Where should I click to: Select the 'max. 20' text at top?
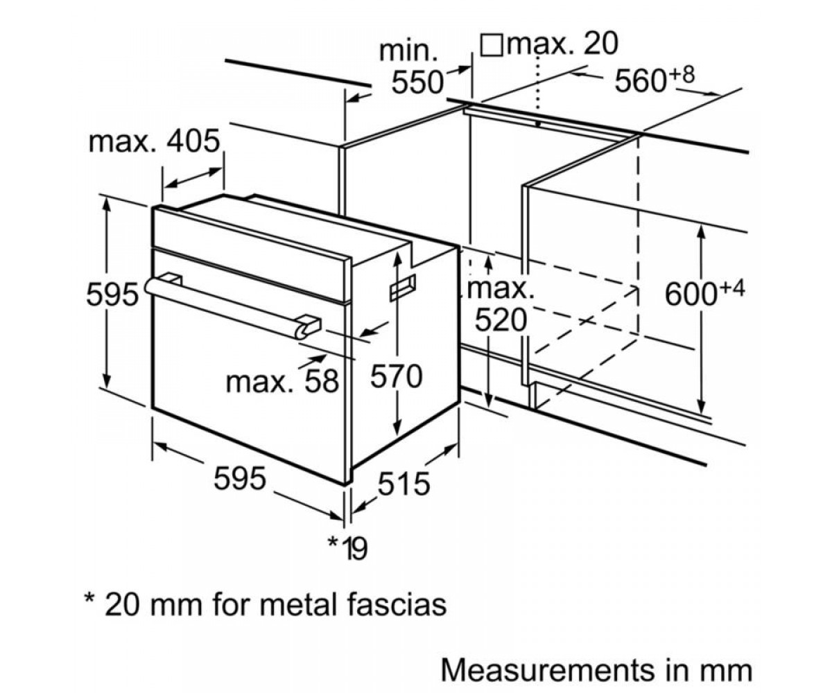[562, 44]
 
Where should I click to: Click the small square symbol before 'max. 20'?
[492, 45]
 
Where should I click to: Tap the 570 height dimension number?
[396, 377]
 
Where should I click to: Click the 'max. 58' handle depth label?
[282, 381]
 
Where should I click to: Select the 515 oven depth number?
[404, 484]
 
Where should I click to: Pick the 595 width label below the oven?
[239, 478]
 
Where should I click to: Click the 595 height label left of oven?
[113, 295]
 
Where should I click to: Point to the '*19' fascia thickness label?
[347, 548]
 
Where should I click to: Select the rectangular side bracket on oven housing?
[402, 287]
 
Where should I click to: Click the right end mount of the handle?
[309, 326]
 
